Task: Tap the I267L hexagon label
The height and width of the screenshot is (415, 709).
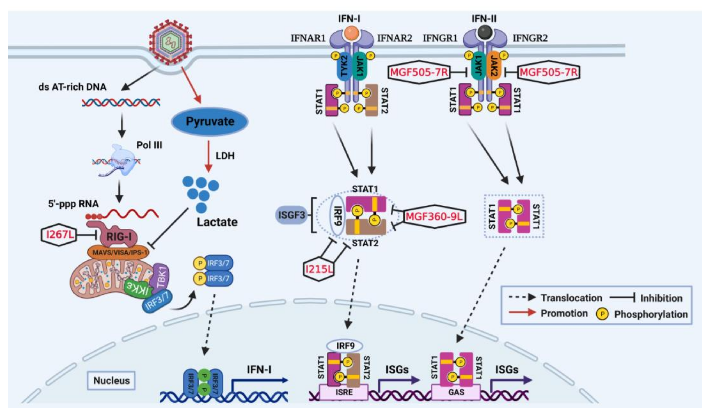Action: coord(59,234)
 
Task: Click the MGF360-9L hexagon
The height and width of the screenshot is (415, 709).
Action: coord(434,217)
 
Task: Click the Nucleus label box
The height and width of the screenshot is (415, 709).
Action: coord(111,381)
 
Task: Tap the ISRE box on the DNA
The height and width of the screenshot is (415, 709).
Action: coord(344,392)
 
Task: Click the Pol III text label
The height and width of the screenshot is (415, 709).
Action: coord(149,145)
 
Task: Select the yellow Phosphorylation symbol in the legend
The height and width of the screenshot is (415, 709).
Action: coord(602,314)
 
